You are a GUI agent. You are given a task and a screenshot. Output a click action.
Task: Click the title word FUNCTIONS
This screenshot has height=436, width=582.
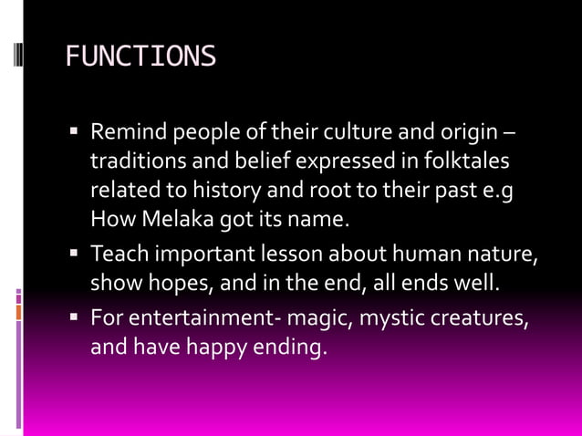140,57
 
